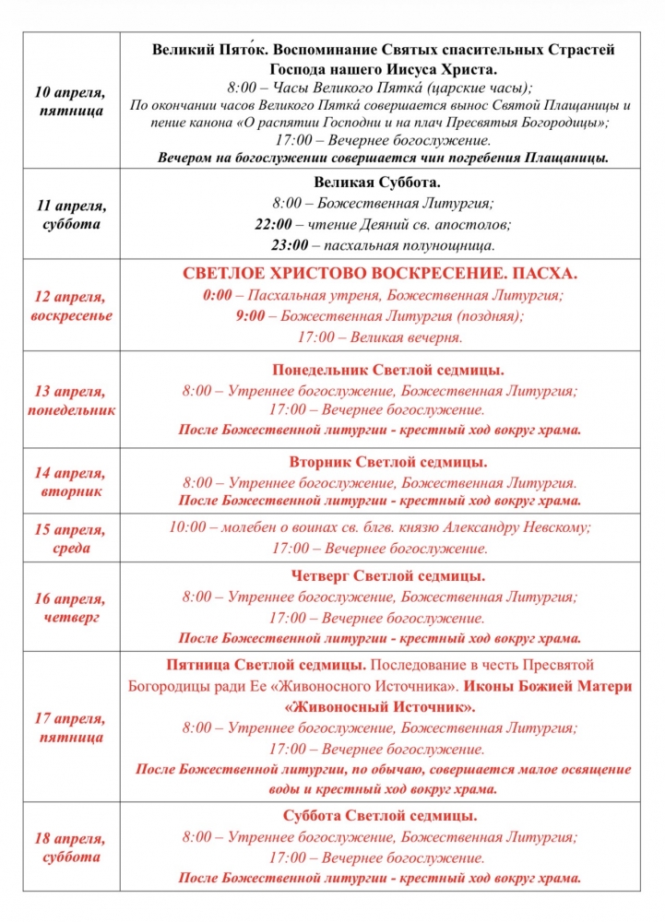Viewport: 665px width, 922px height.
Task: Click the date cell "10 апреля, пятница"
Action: coord(70,102)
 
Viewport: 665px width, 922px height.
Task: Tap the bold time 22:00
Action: coord(274,224)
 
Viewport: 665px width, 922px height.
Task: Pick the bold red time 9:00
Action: coord(246,316)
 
